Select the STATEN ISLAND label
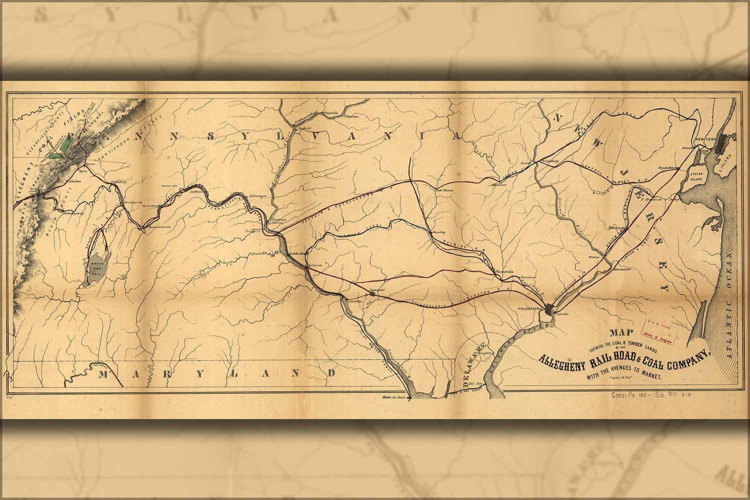(697, 176)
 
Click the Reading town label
(439, 232)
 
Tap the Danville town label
(331, 112)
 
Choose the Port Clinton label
(444, 190)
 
